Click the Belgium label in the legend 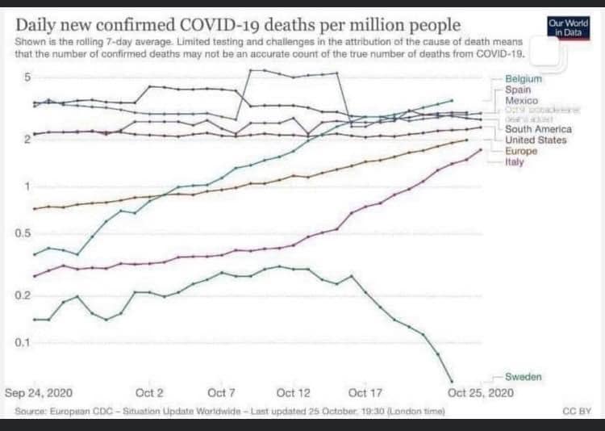[524, 79]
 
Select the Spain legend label [518, 90]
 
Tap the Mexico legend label [521, 101]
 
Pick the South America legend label [538, 129]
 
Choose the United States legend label [536, 140]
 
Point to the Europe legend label [521, 151]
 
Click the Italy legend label [515, 162]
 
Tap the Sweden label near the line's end [524, 377]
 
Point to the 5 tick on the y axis [27, 77]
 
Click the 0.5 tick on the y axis [22, 234]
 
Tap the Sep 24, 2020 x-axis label [39, 393]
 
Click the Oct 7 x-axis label [221, 393]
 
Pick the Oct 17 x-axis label [365, 393]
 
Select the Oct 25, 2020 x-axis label [480, 393]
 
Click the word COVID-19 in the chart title [247, 24]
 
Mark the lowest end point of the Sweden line [452, 382]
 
